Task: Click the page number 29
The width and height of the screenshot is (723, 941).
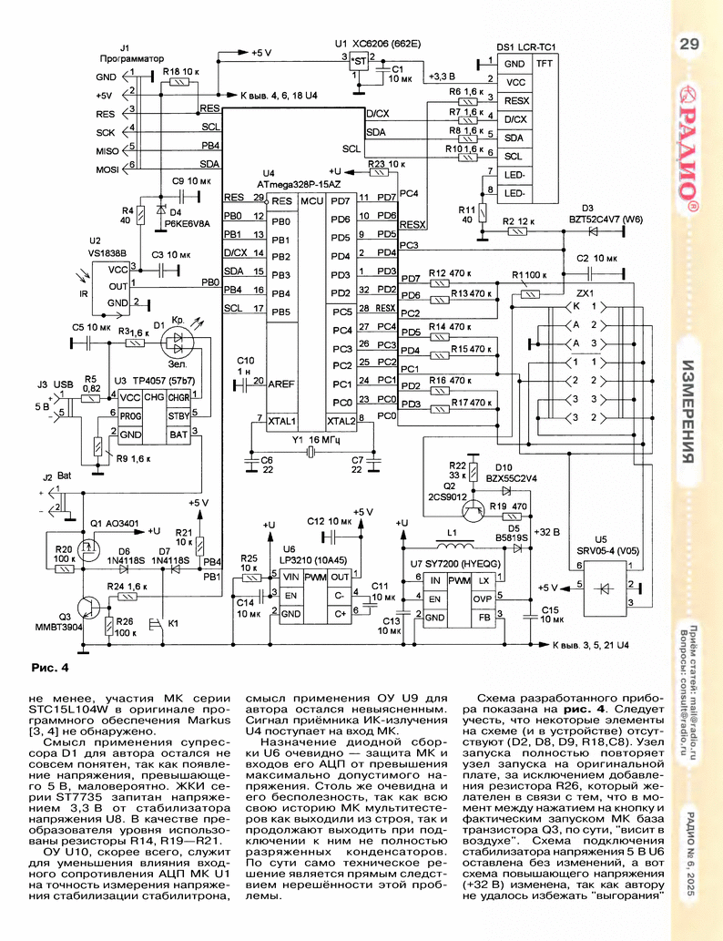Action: (x=688, y=44)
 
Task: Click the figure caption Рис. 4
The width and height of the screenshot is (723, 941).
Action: (x=49, y=668)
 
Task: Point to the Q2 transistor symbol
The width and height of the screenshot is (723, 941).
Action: (x=474, y=510)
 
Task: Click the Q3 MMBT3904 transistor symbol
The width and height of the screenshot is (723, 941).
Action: (x=88, y=606)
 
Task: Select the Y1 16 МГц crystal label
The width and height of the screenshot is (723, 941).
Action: (x=316, y=440)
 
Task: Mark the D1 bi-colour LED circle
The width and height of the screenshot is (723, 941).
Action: (x=177, y=343)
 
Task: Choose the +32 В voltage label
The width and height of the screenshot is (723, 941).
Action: (x=546, y=532)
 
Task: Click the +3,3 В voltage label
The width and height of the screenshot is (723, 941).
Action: (x=443, y=77)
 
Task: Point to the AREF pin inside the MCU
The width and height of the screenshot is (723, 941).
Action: (x=280, y=384)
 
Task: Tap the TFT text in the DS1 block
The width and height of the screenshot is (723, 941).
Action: (x=545, y=63)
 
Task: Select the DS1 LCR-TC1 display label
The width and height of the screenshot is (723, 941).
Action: (x=526, y=46)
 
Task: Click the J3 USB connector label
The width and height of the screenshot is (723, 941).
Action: (x=56, y=384)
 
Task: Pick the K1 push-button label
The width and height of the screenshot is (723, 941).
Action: (x=173, y=623)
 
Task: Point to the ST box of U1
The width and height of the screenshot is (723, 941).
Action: (x=359, y=61)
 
